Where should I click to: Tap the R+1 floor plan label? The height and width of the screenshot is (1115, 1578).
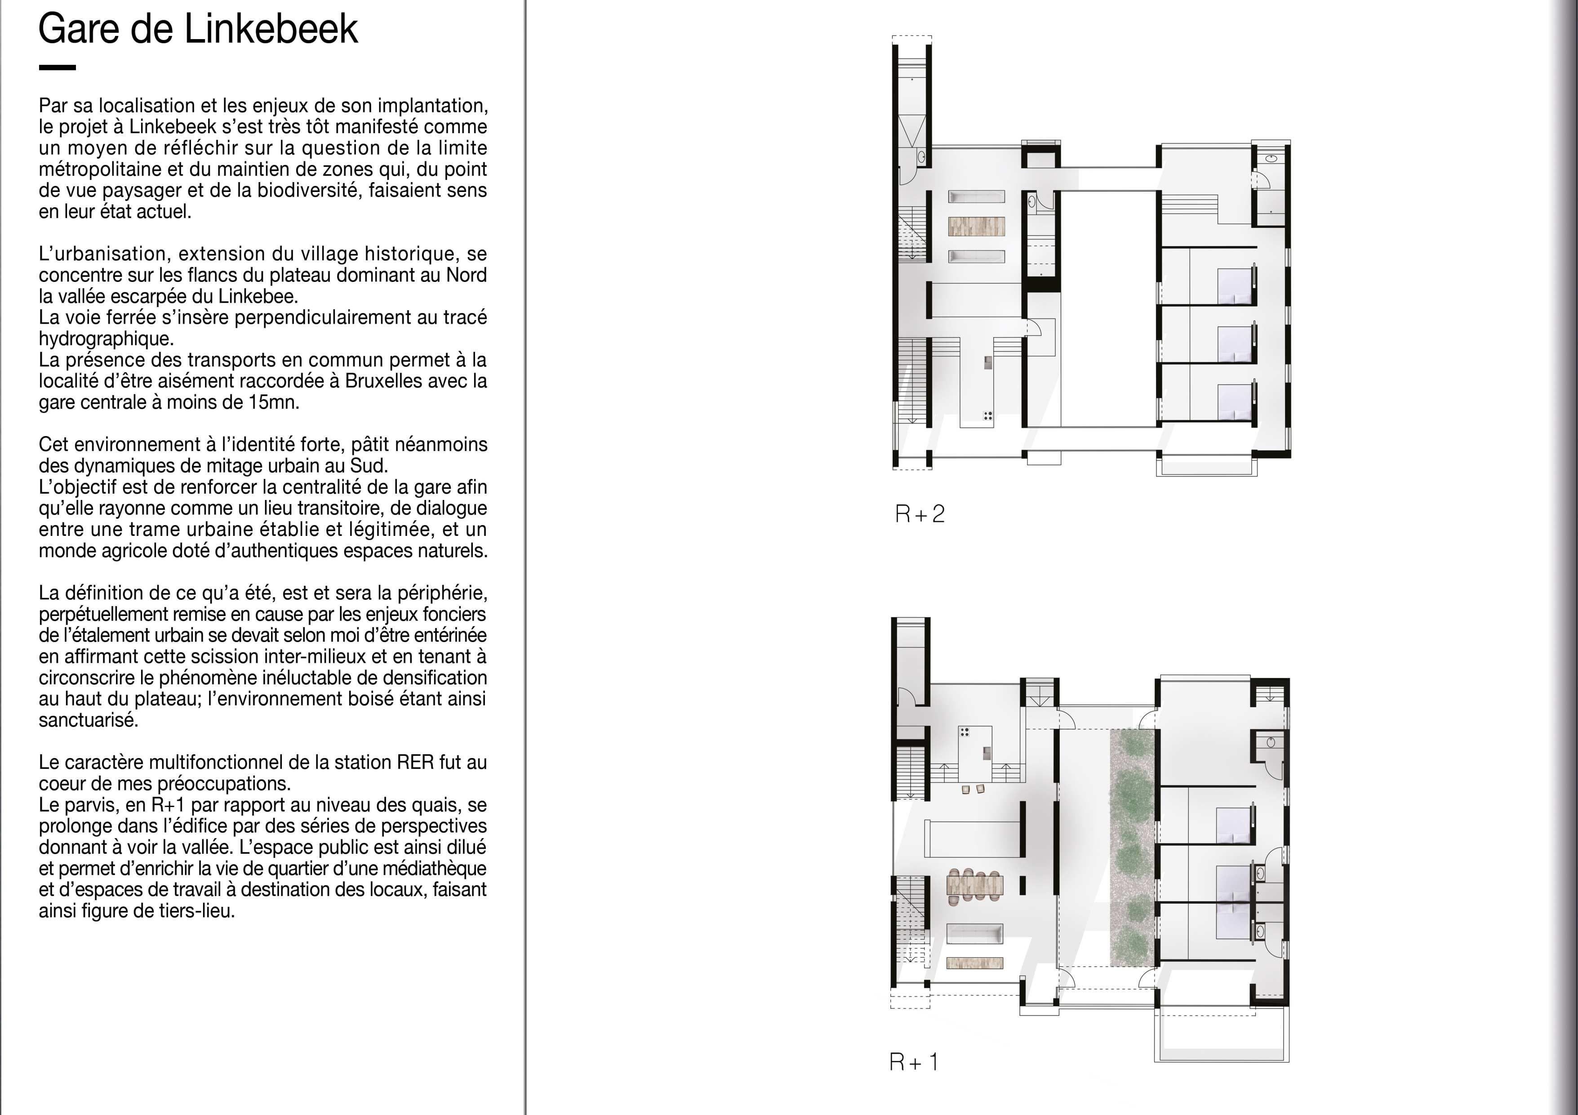coord(913,1062)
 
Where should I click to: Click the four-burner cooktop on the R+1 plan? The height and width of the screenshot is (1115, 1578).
coord(965,731)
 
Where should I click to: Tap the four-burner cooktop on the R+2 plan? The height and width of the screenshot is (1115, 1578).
coord(987,415)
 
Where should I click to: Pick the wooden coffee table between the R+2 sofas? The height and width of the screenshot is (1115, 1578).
coord(977,226)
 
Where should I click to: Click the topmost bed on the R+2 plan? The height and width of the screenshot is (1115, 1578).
coord(1236,286)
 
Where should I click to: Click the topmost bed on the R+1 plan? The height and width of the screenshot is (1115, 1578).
coord(1235,825)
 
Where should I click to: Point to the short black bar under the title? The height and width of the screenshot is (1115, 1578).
coord(57,67)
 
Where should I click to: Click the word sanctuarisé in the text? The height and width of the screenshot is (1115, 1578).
coord(89,720)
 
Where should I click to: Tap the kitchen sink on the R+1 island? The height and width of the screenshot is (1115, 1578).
coord(987,753)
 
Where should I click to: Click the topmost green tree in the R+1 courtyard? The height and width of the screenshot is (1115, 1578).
coord(1131,742)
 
